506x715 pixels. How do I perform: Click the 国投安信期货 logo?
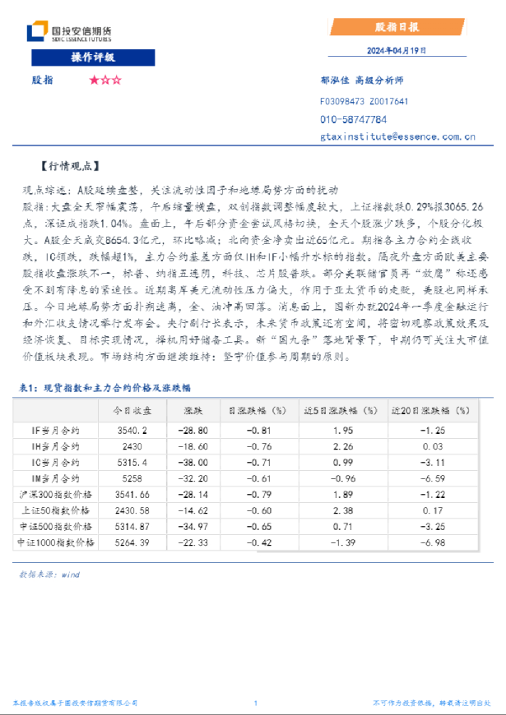click(x=69, y=33)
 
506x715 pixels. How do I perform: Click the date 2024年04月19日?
click(x=397, y=51)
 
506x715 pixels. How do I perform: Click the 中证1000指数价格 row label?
click(x=56, y=542)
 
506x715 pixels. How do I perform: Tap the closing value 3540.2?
click(x=132, y=430)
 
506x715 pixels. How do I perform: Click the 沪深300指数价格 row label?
click(x=56, y=494)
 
